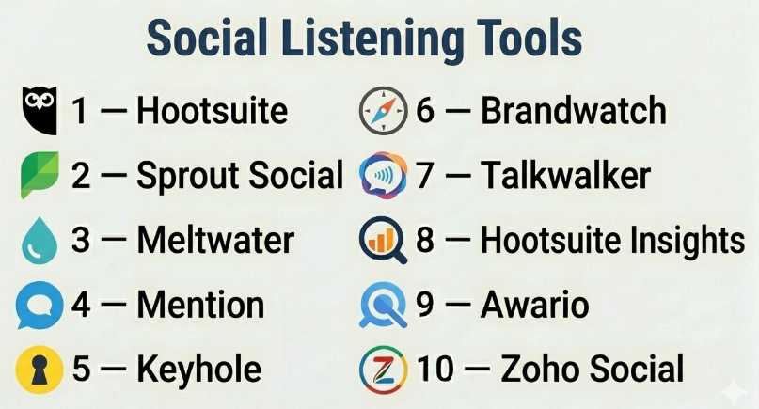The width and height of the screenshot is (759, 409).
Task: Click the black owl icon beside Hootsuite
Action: pos(40,110)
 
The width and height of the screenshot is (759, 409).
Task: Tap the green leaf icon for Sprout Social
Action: pos(40,174)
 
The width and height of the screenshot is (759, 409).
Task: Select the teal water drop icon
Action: pos(40,240)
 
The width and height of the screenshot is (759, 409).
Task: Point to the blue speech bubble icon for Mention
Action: pos(40,305)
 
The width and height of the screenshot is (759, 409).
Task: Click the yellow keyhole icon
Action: pos(40,369)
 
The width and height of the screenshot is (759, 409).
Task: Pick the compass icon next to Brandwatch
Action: pos(383,110)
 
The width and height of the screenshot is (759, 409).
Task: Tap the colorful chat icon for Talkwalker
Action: pos(383,174)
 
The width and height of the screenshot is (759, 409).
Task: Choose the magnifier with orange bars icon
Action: pos(383,240)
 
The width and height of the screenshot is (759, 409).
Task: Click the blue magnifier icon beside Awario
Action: pos(383,305)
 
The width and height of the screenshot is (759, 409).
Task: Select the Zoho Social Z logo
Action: pos(383,369)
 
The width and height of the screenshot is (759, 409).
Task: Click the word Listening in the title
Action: pos(372,39)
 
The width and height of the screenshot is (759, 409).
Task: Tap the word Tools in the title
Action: pos(530,39)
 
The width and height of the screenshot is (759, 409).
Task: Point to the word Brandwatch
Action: pos(574,110)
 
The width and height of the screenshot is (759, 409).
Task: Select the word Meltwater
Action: pos(216,240)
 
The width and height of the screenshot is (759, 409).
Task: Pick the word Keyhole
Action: pos(199,370)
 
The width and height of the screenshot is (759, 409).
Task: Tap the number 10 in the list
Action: pos(435,369)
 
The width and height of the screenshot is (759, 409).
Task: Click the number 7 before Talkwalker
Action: pos(424,175)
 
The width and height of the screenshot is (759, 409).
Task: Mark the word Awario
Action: pos(535,305)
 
